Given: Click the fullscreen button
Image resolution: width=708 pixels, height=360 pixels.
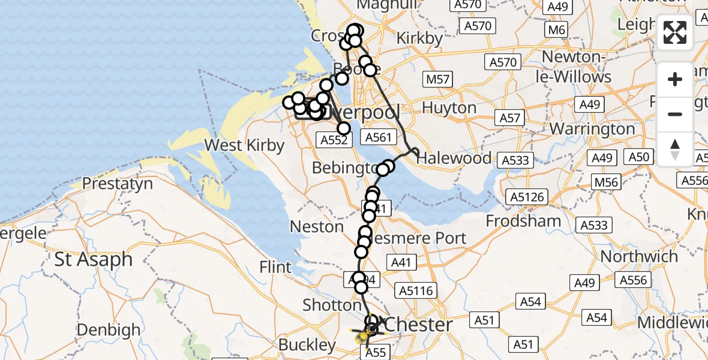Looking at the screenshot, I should pos(675,32).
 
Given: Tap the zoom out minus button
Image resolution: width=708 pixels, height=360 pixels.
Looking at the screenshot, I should pos(675,114).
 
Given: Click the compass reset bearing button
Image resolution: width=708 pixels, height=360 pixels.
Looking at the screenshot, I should pos(675,149).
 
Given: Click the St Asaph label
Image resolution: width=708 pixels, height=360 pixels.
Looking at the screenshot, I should pos(94,259).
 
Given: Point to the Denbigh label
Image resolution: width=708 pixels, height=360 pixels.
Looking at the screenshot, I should pos(109,330).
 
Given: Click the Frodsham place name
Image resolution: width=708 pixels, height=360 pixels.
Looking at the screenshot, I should pos(523,221).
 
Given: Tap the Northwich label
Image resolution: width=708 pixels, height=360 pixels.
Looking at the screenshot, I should pos(639,256).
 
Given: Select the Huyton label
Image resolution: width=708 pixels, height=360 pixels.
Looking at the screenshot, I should pos(449,108).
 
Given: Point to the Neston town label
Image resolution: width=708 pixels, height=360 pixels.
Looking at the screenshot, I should pos(316,227).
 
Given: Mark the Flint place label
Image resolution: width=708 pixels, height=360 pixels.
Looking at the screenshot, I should pos(276,267).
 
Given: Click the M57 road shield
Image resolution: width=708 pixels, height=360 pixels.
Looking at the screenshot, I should pos(439,79).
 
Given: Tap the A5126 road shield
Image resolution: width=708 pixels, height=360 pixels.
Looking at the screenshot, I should pos(526,197).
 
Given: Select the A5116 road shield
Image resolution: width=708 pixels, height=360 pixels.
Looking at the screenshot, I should pos(416,290).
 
